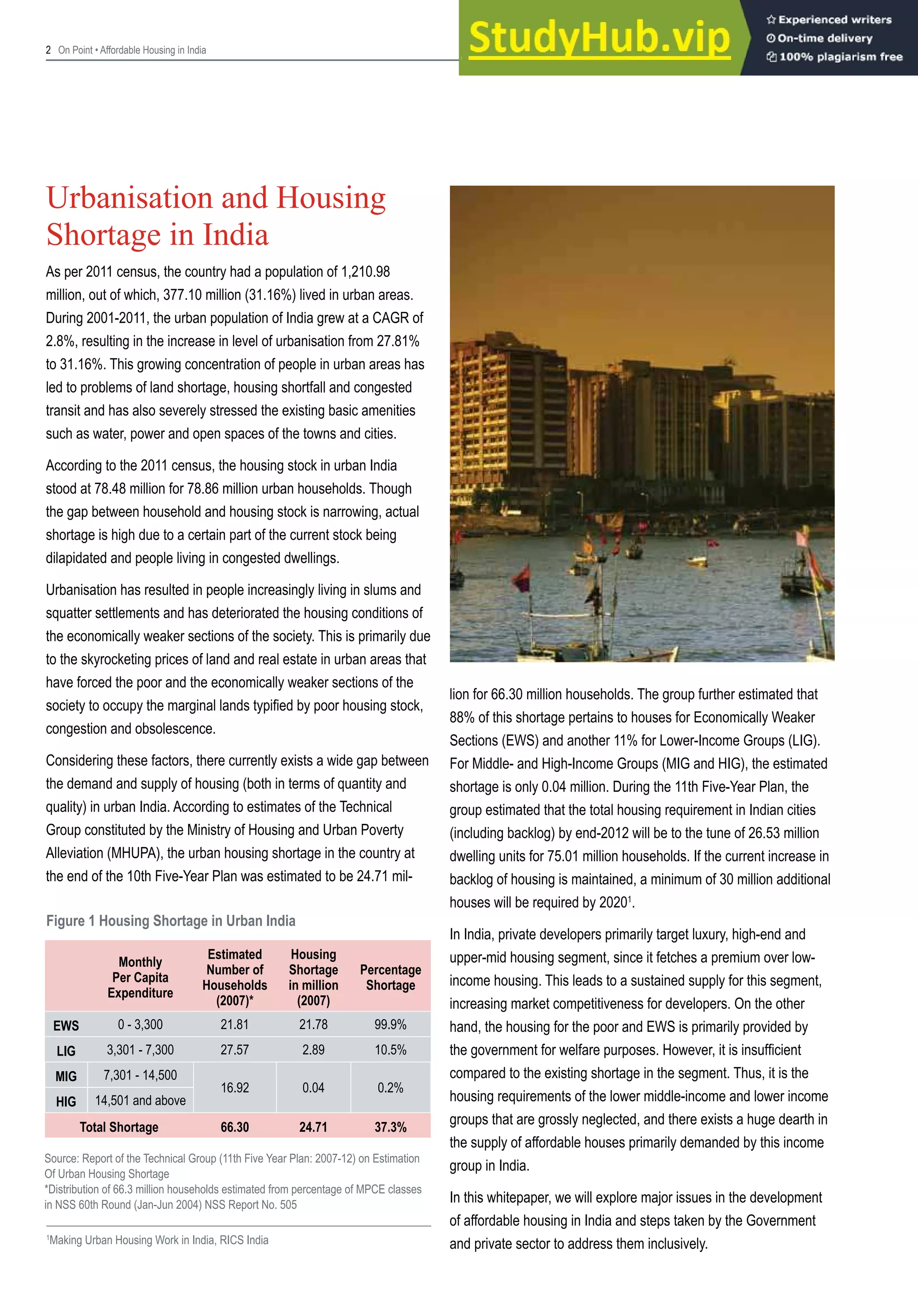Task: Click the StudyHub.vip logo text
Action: point(599,39)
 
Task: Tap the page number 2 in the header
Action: point(48,50)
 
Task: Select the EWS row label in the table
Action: point(66,1025)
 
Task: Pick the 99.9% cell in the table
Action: point(390,1025)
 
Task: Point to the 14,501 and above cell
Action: point(140,1100)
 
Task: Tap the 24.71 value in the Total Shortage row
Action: point(313,1127)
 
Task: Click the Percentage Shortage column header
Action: point(390,978)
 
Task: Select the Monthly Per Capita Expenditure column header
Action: point(140,978)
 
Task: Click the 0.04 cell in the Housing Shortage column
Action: point(313,1088)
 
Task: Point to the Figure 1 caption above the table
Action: point(171,921)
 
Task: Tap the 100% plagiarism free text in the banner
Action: point(840,57)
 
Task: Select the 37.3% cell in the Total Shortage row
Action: point(390,1127)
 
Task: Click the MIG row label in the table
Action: point(66,1077)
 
